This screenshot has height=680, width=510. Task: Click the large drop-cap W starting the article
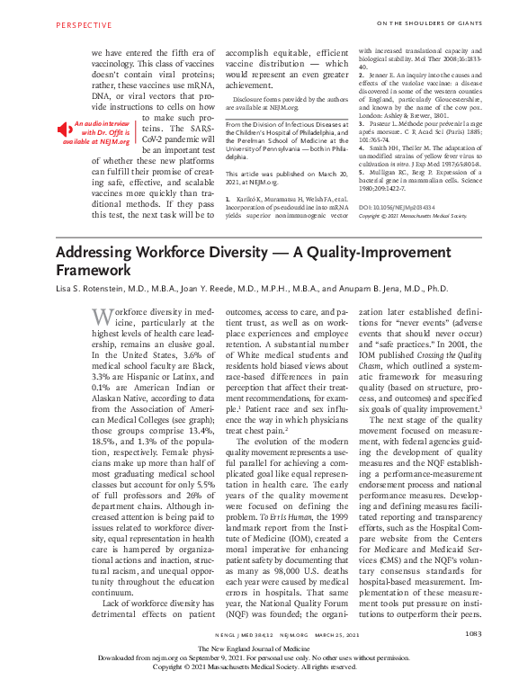(x=103, y=316)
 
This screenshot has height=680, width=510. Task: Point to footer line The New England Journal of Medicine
(x=255, y=648)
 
